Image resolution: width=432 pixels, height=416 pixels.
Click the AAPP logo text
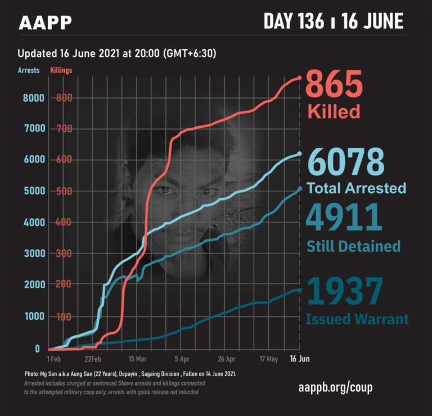click(45, 23)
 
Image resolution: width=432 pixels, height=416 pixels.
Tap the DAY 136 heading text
click(293, 21)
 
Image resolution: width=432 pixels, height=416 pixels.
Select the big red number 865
click(334, 86)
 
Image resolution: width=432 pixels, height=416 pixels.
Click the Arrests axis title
click(29, 70)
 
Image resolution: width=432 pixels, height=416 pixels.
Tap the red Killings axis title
click(61, 70)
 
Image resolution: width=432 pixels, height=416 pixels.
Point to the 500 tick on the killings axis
click(64, 191)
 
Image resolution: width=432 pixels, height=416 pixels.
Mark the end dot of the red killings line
click(299, 78)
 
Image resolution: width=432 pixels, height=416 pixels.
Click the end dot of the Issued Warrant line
click(299, 290)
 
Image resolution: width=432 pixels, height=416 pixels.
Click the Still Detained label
click(353, 246)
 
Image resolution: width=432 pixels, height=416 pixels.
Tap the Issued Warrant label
click(357, 320)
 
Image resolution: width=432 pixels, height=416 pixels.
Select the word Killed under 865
click(334, 111)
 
